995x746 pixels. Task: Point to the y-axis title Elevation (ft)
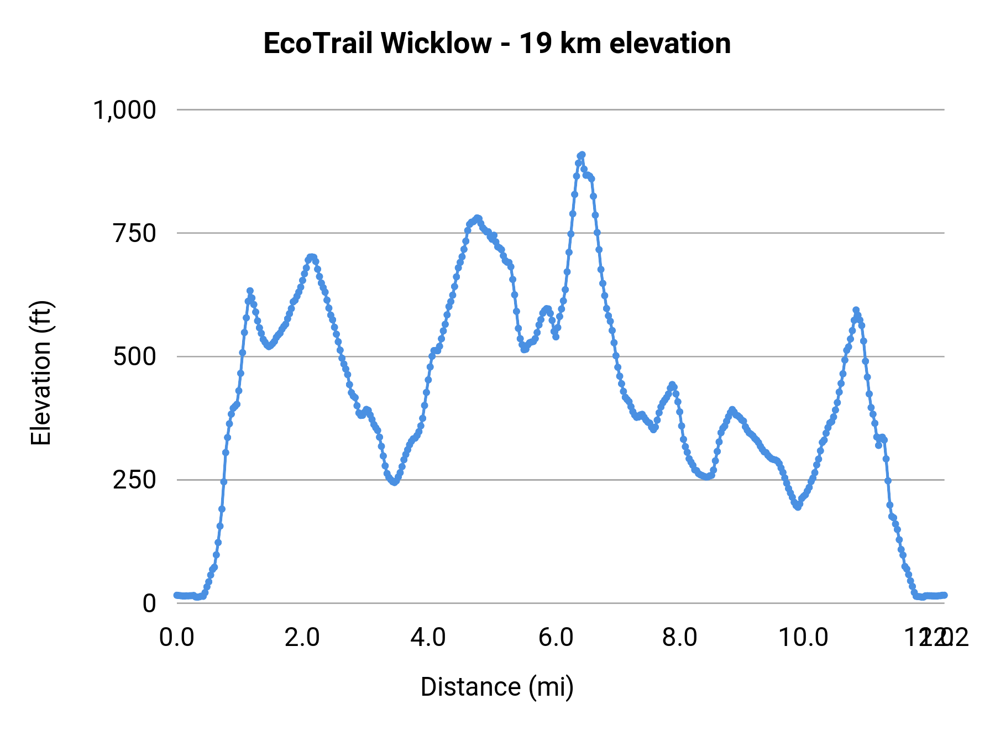click(41, 372)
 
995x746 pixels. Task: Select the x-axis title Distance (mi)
click(497, 687)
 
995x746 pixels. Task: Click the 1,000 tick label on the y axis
click(125, 110)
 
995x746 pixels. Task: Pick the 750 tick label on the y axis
click(135, 233)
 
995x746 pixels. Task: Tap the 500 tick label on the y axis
click(135, 356)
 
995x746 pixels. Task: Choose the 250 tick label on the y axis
click(135, 480)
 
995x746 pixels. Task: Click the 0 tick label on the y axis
click(149, 603)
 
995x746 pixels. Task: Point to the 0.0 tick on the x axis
click(177, 637)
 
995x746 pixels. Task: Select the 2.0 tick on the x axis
click(302, 637)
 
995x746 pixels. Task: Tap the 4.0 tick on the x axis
click(428, 637)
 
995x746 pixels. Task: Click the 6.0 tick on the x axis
click(556, 637)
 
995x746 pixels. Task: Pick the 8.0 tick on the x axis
click(680, 637)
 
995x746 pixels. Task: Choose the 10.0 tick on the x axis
click(803, 637)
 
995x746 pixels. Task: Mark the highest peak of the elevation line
click(582, 155)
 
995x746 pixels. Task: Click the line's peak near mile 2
click(311, 257)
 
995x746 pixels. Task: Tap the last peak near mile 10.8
click(856, 310)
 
